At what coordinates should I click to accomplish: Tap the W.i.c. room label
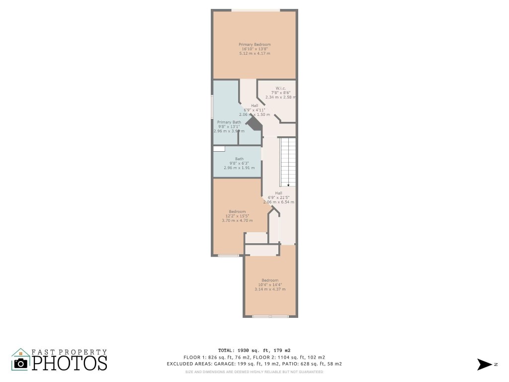click(281, 88)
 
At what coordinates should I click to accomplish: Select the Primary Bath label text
click(229, 122)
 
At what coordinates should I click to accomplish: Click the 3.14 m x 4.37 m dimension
click(270, 289)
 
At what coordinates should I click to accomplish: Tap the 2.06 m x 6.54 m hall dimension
click(278, 202)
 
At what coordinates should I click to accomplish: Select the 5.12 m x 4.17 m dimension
click(254, 53)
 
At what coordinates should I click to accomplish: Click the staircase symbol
click(288, 162)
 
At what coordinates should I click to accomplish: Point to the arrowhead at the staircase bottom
click(288, 185)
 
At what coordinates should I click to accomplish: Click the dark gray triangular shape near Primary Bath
click(254, 122)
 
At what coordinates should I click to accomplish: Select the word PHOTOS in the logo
click(70, 363)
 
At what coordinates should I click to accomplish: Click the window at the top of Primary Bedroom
click(255, 10)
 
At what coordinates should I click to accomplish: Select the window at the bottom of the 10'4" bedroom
click(270, 316)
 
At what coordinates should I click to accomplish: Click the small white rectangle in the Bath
click(219, 148)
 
